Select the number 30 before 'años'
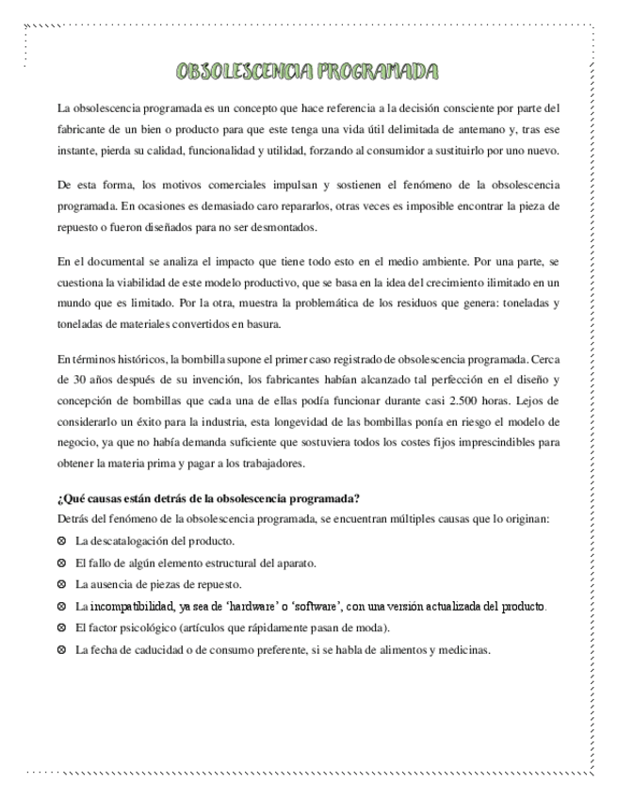click(x=66, y=379)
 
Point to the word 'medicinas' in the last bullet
click(x=465, y=649)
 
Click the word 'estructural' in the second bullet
click(x=224, y=563)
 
